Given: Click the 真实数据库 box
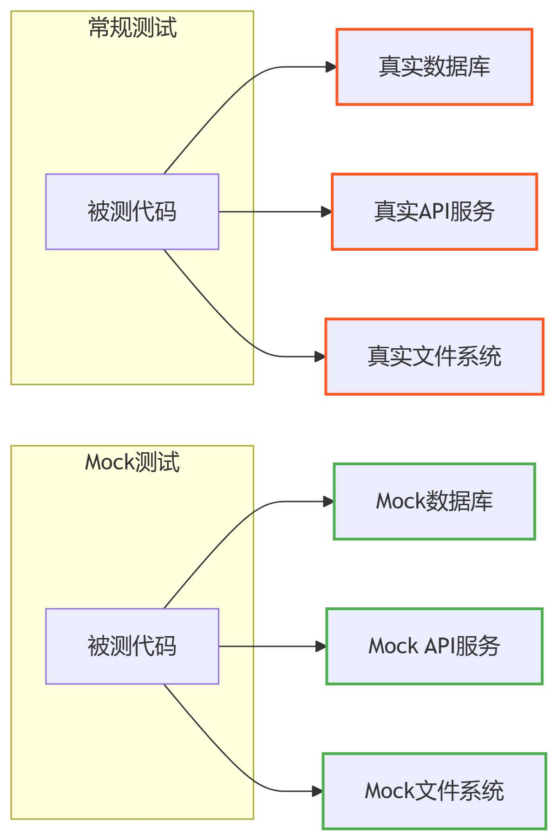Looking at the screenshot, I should click(x=434, y=67).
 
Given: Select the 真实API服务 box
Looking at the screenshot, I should click(x=434, y=212).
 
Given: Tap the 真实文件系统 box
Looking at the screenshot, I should click(x=434, y=357).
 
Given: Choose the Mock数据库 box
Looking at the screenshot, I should click(x=434, y=501).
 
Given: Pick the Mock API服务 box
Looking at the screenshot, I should click(x=434, y=646).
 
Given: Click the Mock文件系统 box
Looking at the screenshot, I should click(x=434, y=791).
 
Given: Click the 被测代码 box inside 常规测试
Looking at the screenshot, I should click(x=132, y=212).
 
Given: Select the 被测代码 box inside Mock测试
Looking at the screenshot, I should click(x=132, y=646).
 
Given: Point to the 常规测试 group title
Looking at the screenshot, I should click(x=132, y=27).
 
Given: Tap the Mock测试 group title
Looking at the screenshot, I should click(x=132, y=462).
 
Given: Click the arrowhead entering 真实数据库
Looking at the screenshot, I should click(x=331, y=67).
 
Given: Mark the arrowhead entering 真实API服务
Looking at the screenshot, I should click(x=326, y=212).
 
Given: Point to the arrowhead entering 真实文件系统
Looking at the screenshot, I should click(x=320, y=357).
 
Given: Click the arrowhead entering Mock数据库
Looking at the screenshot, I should click(x=328, y=501).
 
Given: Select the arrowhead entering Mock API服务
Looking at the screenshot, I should click(x=321, y=646).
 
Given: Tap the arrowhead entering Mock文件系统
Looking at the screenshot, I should click(x=317, y=791).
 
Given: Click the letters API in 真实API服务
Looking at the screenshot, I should click(x=434, y=212).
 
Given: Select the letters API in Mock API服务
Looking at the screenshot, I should click(x=439, y=646).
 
